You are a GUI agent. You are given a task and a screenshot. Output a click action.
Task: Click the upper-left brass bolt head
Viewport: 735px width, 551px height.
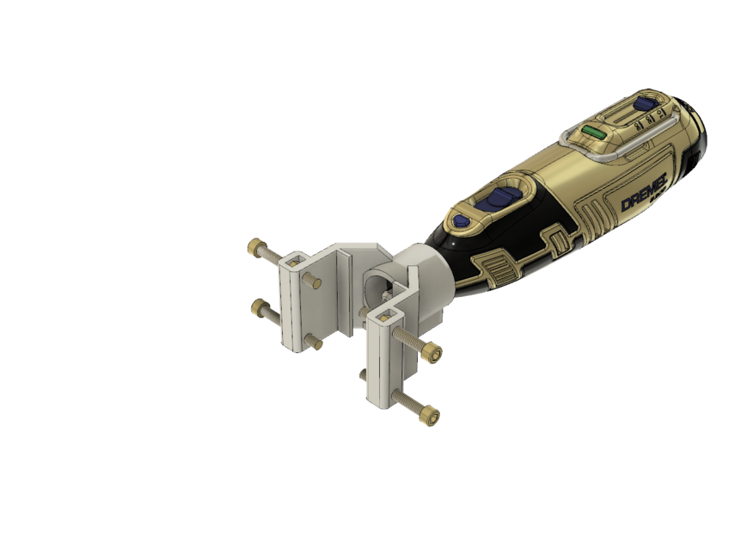click(254, 247)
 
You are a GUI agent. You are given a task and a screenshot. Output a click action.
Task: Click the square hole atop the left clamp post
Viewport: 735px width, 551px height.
click(297, 260)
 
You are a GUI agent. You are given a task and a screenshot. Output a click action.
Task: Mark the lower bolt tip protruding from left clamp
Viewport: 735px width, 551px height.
click(317, 344)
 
